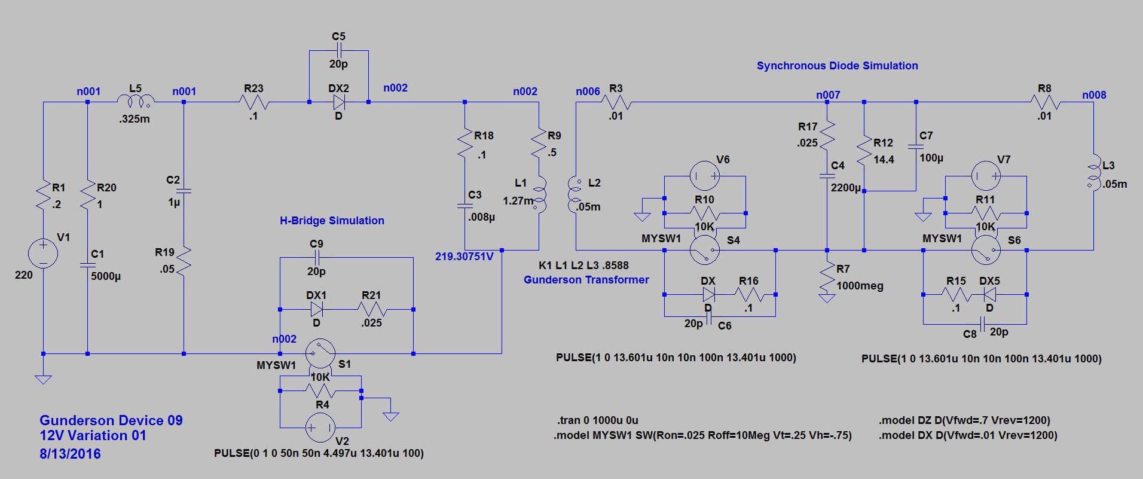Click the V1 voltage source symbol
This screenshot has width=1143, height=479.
click(43, 253)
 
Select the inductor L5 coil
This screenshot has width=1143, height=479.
click(136, 100)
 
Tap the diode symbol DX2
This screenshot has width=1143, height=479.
click(338, 102)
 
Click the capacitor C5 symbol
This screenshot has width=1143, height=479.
click(338, 51)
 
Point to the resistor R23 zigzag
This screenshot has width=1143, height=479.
click(253, 102)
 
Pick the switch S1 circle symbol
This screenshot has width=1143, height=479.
click(320, 354)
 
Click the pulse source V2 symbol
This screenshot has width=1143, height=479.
click(320, 428)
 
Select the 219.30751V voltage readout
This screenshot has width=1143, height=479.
click(464, 257)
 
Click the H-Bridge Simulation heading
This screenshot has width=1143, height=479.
click(332, 221)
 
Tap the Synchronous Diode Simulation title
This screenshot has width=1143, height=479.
click(837, 66)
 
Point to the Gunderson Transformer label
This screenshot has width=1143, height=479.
click(586, 280)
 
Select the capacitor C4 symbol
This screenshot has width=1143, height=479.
click(827, 176)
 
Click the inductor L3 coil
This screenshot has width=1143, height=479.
click(1093, 173)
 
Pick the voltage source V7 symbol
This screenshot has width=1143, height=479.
click(986, 176)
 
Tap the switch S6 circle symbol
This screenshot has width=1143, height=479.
click(986, 250)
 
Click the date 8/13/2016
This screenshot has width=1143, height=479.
click(70, 454)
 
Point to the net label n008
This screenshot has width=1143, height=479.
click(1094, 95)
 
